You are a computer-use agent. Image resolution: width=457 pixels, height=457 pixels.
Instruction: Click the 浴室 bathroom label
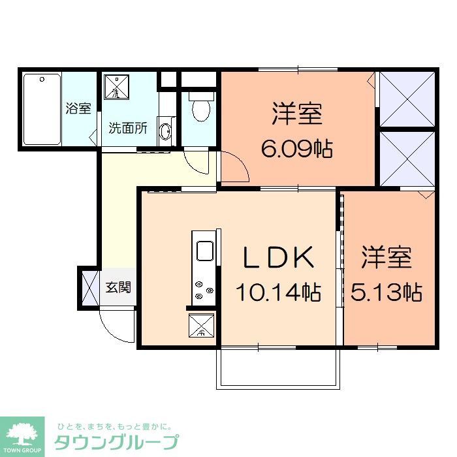[x=78, y=108]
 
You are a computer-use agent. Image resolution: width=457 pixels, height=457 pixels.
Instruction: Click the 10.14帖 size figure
[x=278, y=293]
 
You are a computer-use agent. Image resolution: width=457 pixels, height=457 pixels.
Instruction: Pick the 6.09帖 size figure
[x=297, y=150]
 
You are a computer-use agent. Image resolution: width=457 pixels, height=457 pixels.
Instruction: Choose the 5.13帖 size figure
[x=386, y=292]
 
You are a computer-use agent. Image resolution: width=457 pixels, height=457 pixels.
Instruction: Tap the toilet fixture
[x=200, y=106]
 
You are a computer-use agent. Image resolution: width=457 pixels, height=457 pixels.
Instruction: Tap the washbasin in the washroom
[x=165, y=131]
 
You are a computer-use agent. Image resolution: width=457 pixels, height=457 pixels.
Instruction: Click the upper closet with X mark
[x=405, y=99]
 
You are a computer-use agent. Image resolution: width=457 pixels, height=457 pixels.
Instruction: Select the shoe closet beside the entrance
[x=86, y=287]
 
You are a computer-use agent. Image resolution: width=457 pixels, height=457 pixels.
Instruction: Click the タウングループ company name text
[x=117, y=441]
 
